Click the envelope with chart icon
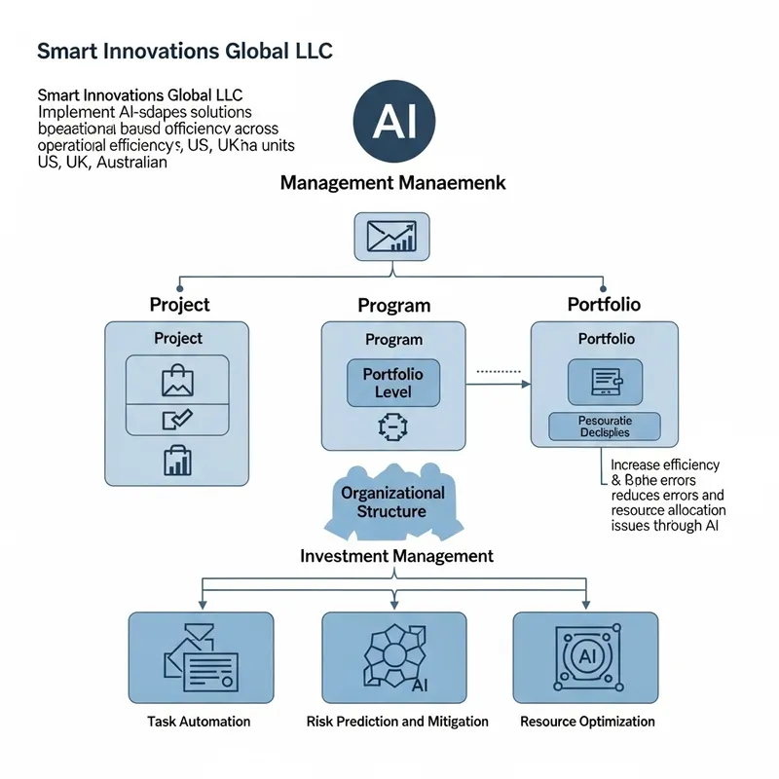pyautogui.click(x=389, y=237)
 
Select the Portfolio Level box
pyautogui.click(x=393, y=383)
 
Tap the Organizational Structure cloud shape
pyautogui.click(x=392, y=503)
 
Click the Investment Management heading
pyautogui.click(x=396, y=556)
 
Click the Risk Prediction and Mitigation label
pyautogui.click(x=397, y=722)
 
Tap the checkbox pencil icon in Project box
pyautogui.click(x=178, y=420)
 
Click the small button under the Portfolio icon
pyautogui.click(x=605, y=427)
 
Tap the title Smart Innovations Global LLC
pyautogui.click(x=184, y=51)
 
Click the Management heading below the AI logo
pyautogui.click(x=392, y=182)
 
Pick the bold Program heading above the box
pyautogui.click(x=393, y=306)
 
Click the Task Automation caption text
pyautogui.click(x=199, y=722)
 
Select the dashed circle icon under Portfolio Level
pyautogui.click(x=389, y=425)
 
